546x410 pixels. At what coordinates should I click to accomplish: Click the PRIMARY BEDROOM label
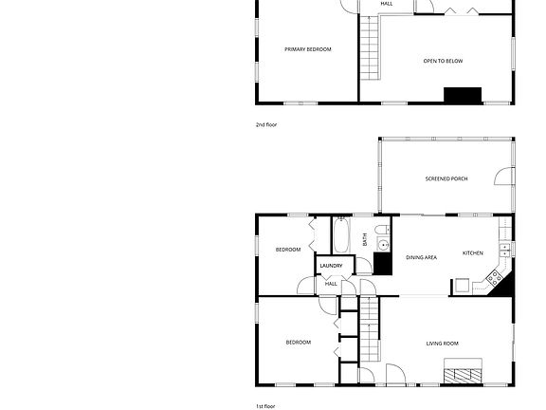point(308,49)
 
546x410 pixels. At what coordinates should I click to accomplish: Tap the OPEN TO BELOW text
point(443,61)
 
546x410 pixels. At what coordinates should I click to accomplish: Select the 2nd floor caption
point(266,124)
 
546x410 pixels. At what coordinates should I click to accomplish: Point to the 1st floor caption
point(265,406)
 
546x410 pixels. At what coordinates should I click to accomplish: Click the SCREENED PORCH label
point(446,178)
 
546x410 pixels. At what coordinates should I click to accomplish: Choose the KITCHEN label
point(472,253)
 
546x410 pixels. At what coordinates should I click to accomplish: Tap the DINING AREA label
point(421,257)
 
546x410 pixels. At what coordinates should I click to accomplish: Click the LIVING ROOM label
point(443,344)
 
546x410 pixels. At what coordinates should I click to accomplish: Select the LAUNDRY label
point(331,266)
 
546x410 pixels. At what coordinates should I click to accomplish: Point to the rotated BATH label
point(365,239)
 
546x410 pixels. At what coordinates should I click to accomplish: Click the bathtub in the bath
point(341,235)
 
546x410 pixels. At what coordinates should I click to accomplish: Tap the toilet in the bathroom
point(382,230)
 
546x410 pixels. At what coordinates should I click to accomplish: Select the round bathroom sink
point(383,244)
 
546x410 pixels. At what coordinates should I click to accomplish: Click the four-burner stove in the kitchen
point(494,278)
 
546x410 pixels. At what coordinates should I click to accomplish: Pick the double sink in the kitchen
point(504,250)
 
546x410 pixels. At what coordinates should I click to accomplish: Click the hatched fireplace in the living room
point(463,375)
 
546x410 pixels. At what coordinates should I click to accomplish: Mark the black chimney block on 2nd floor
point(463,95)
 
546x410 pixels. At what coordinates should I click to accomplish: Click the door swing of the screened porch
point(503,177)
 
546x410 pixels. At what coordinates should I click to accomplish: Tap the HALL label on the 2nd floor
point(387,4)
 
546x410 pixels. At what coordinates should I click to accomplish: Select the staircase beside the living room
point(369,329)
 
